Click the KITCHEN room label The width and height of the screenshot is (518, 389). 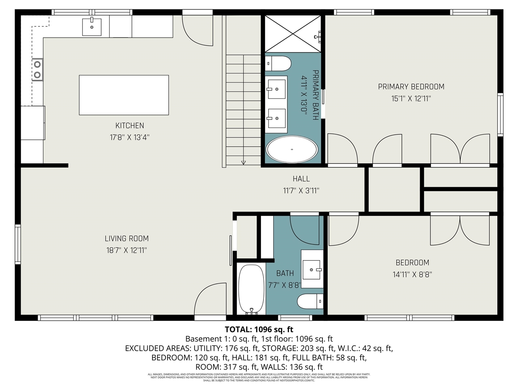tap(129, 126)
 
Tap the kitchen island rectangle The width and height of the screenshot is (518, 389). tap(124, 95)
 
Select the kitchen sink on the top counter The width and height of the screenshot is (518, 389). tap(92, 27)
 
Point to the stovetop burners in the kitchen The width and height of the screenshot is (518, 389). tap(37, 69)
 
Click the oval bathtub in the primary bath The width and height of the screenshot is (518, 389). tap(292, 150)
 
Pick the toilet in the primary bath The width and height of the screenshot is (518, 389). tap(278, 64)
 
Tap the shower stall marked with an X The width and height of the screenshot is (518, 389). tap(293, 34)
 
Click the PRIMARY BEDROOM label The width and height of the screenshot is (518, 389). tap(411, 87)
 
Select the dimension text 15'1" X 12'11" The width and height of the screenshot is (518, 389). tap(411, 98)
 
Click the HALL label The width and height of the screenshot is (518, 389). tap(301, 179)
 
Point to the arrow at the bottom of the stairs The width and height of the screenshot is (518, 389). tap(243, 162)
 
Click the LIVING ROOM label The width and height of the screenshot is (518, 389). tap(127, 239)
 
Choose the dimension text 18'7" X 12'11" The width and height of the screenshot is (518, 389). tap(127, 250)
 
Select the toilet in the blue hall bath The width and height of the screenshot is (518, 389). tap(310, 301)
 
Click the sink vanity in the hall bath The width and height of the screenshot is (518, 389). tap(312, 269)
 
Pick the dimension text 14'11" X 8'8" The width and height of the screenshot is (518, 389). tap(412, 274)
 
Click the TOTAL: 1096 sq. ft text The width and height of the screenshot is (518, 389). tap(259, 329)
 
